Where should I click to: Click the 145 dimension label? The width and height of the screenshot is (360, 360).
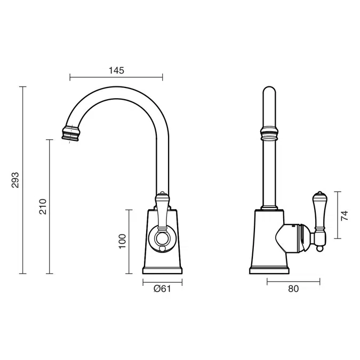tap(116, 70)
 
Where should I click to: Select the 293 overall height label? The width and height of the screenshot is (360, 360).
tap(15, 180)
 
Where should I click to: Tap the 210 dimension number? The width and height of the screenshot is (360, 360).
tap(43, 206)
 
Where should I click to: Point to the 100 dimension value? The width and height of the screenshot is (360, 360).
tap(122, 241)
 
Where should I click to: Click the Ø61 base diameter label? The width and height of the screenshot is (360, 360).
tap(162, 289)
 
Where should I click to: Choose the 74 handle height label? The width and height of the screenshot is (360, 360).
tap(345, 215)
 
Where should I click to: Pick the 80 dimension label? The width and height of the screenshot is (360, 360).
tap(293, 289)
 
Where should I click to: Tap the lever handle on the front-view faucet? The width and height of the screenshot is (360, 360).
tap(162, 211)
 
